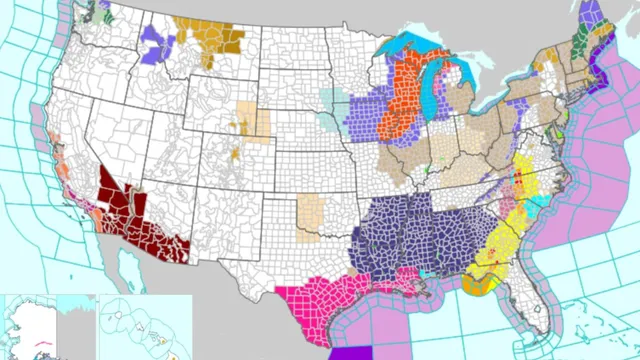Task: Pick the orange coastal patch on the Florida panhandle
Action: click(476, 286)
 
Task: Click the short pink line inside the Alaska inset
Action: click(45, 341)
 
